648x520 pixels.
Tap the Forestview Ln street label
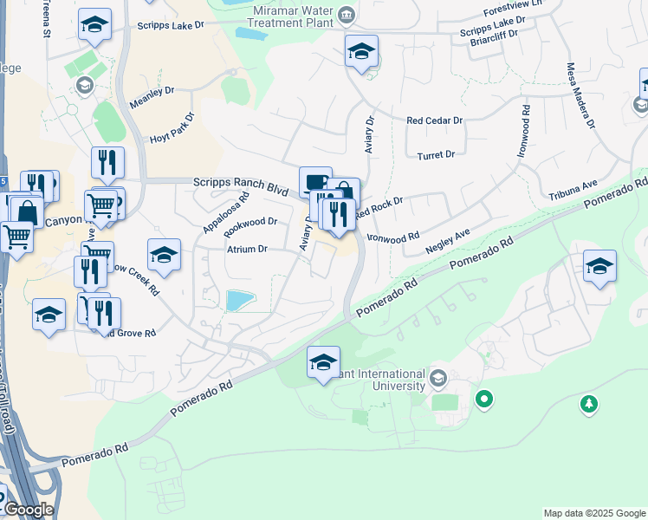click(x=513, y=7)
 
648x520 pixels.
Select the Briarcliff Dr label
click(x=493, y=40)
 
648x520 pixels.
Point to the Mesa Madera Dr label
click(x=580, y=94)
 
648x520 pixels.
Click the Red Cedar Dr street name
click(x=435, y=121)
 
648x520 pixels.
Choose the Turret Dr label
click(x=436, y=155)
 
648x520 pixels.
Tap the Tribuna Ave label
click(x=573, y=191)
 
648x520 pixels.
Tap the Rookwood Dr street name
click(x=250, y=227)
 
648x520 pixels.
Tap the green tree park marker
click(x=589, y=404)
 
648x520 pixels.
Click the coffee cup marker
click(x=315, y=182)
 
